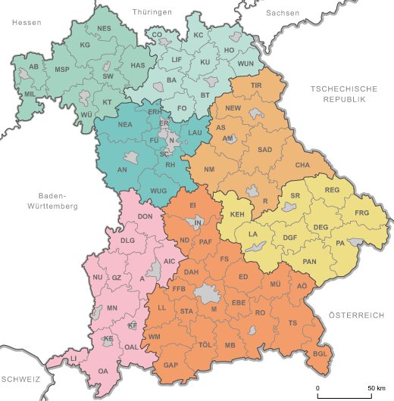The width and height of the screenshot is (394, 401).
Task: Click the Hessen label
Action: [x=26, y=23]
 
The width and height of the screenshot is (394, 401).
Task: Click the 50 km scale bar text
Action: [x=376, y=387]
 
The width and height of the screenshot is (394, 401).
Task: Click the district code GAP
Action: [x=170, y=365]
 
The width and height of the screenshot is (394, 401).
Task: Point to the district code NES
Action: [x=104, y=30]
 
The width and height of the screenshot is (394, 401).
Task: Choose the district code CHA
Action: [x=302, y=165]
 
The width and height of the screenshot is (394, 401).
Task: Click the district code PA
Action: [x=339, y=243]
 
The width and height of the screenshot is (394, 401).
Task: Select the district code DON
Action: [x=145, y=217]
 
